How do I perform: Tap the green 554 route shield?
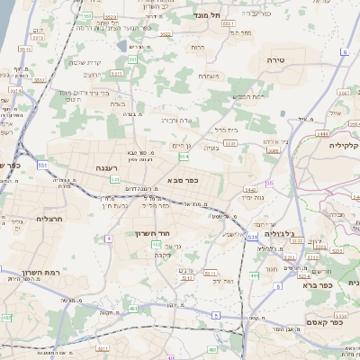[184, 157]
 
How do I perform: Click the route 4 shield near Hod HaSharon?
[109, 238]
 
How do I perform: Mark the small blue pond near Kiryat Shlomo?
[121, 45]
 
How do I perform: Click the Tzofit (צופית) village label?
[210, 148]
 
